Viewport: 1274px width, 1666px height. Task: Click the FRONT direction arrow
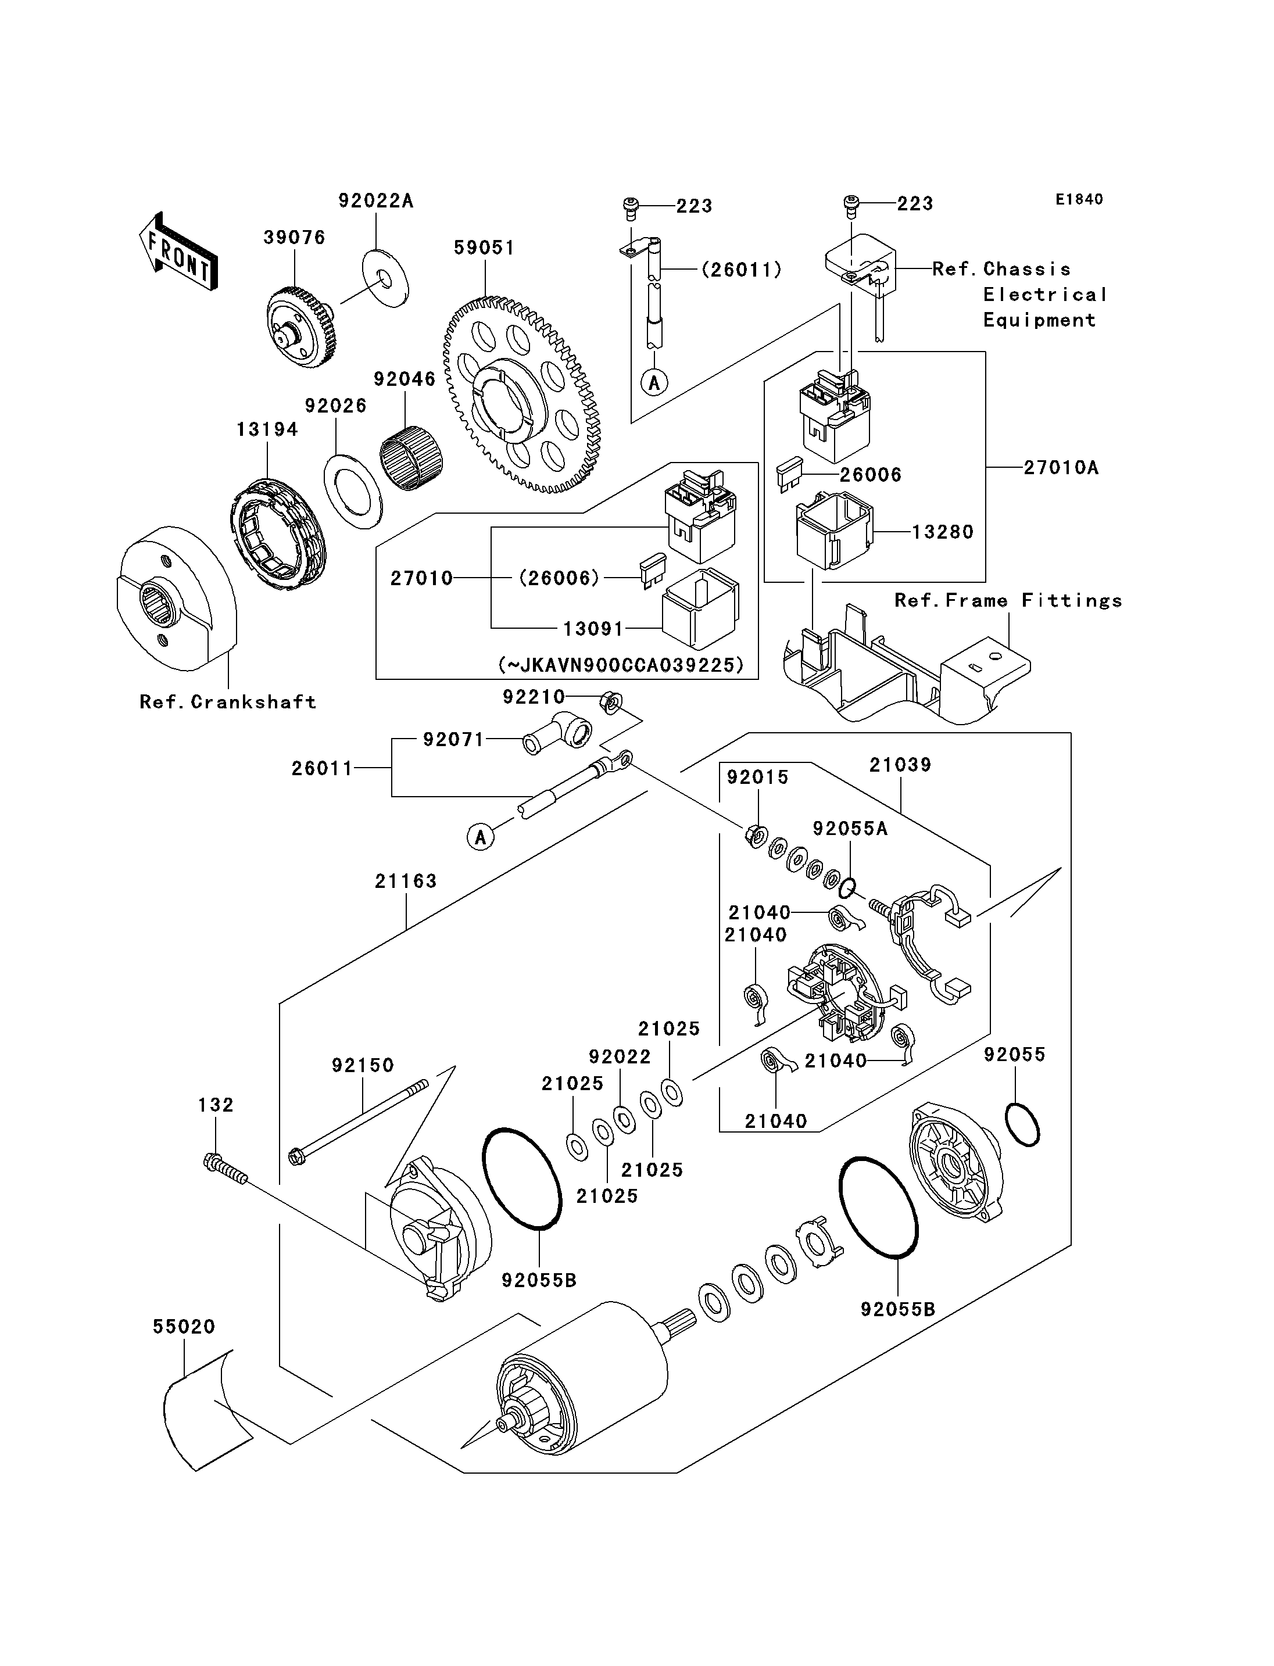pos(179,251)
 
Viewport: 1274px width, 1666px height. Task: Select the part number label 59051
pos(484,248)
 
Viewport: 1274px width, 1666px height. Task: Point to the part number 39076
pos(294,237)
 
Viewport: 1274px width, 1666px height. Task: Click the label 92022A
pos(375,201)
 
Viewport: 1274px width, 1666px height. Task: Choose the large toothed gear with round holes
pos(522,395)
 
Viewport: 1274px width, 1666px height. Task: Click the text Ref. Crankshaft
pos(227,702)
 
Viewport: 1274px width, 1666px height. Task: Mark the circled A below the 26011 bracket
pos(480,837)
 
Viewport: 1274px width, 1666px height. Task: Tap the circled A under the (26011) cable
pos(654,382)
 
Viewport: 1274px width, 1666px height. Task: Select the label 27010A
pos(1060,468)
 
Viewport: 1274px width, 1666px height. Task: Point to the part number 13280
pos(942,532)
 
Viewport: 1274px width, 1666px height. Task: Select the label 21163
pos(406,881)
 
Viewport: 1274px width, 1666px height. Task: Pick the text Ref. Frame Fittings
pos(1008,601)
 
